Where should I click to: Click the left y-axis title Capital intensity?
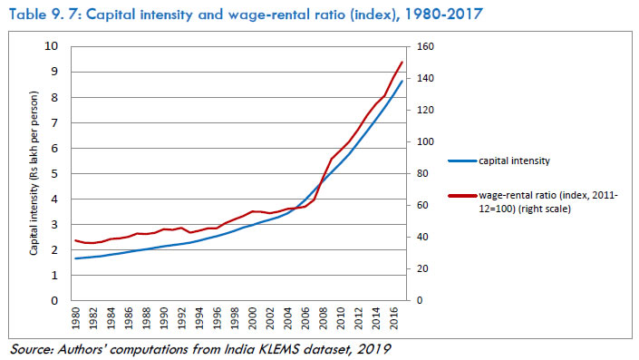[33, 171]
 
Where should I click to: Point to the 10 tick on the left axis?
[52, 47]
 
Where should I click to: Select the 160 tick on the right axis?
[422, 47]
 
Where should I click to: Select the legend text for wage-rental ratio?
[544, 201]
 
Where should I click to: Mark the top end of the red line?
[402, 62]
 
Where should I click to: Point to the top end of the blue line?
[402, 82]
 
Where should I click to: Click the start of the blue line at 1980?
[75, 258]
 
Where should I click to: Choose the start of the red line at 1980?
[75, 240]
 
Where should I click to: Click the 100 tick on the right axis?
[422, 142]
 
